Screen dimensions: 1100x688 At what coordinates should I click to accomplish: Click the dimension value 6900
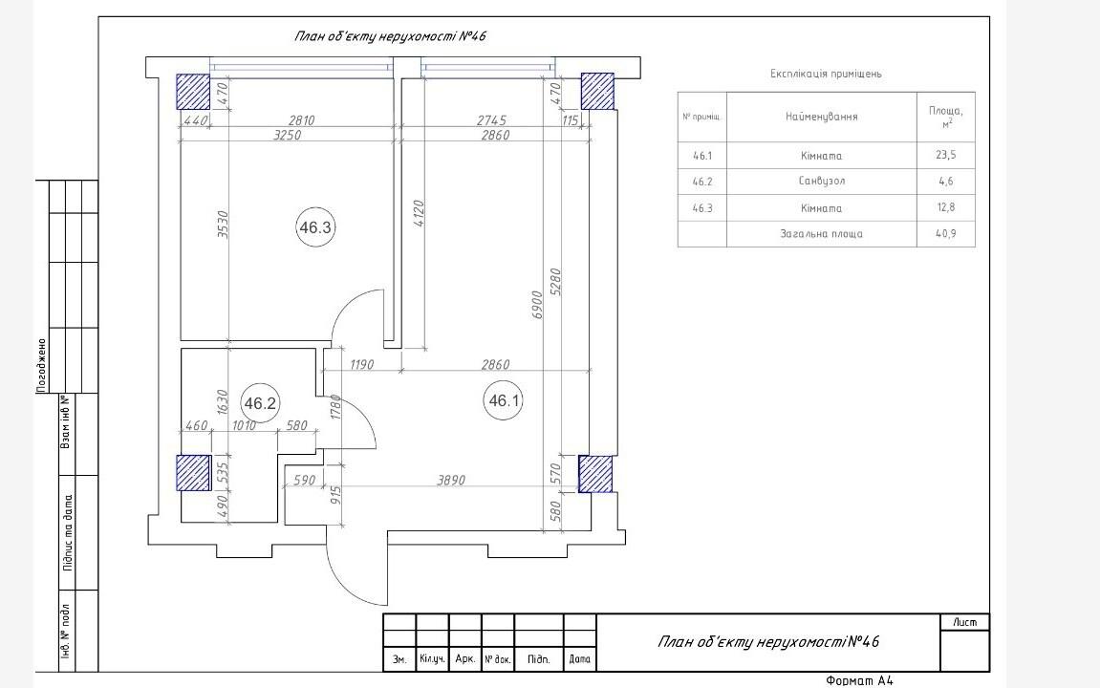point(537,305)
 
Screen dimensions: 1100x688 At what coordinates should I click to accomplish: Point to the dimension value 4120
point(418,213)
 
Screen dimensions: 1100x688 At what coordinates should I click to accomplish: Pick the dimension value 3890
point(451,481)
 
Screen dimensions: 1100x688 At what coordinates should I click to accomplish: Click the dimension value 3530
point(223,225)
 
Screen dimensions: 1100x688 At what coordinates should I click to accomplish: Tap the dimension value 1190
point(361,365)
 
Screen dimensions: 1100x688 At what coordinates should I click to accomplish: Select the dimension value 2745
point(491,120)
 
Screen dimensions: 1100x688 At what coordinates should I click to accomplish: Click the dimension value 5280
point(555,282)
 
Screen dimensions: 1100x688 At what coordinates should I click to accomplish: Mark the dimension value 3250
point(287,135)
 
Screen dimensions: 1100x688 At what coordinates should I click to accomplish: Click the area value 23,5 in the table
point(946,155)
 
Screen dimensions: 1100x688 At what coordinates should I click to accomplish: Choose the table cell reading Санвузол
point(822,181)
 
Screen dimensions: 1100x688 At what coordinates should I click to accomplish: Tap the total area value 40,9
point(946,233)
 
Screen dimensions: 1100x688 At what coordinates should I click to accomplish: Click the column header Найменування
point(822,117)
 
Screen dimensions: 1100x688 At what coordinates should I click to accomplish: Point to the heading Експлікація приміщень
point(826,74)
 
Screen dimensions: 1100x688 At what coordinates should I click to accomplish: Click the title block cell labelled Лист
point(965,622)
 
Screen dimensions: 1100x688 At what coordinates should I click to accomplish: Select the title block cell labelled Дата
point(579,659)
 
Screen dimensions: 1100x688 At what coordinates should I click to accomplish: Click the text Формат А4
point(859,680)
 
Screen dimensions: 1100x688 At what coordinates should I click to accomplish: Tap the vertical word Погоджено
point(41,365)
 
